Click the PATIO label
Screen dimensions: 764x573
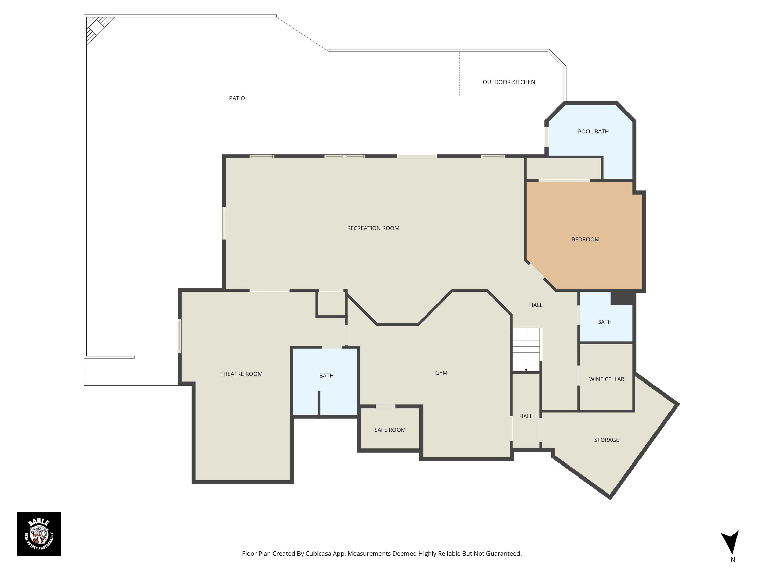[237, 98]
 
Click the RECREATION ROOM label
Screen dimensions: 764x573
[373, 228]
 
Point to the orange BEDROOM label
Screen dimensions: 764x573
[585, 239]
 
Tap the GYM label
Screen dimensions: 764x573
[441, 373]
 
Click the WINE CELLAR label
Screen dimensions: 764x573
[607, 379]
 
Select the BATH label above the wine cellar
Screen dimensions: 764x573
[604, 322]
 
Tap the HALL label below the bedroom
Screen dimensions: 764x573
[536, 305]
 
